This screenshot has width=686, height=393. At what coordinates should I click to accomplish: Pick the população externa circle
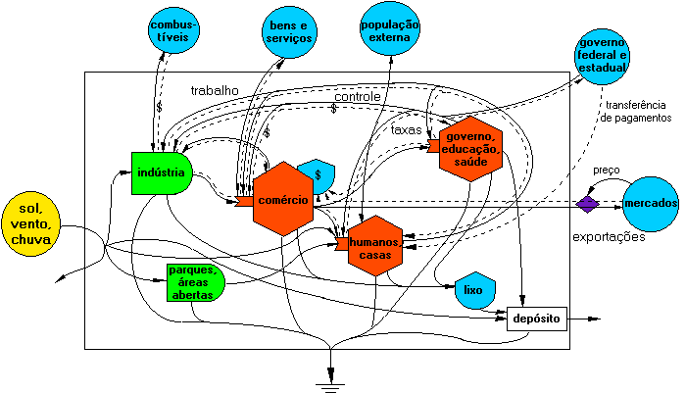(389, 30)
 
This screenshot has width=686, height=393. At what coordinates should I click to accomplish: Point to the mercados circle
(649, 203)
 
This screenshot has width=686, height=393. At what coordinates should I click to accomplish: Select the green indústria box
(161, 173)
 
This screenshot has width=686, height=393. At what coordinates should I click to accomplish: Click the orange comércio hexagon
(283, 199)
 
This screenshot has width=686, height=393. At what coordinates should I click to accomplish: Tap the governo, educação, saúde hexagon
(471, 148)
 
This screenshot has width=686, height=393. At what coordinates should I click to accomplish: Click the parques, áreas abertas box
(195, 281)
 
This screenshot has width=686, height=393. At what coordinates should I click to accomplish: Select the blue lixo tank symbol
(474, 289)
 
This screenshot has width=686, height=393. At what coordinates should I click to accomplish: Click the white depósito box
(536, 319)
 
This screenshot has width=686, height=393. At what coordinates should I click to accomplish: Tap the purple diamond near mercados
(586, 204)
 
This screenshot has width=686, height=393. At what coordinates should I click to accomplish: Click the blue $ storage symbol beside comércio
(318, 175)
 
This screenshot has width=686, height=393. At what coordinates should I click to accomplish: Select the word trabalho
(215, 90)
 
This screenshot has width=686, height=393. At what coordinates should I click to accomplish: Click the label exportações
(609, 237)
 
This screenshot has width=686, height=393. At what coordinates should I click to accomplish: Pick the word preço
(607, 170)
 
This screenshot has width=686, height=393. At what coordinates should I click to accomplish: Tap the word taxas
(407, 129)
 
